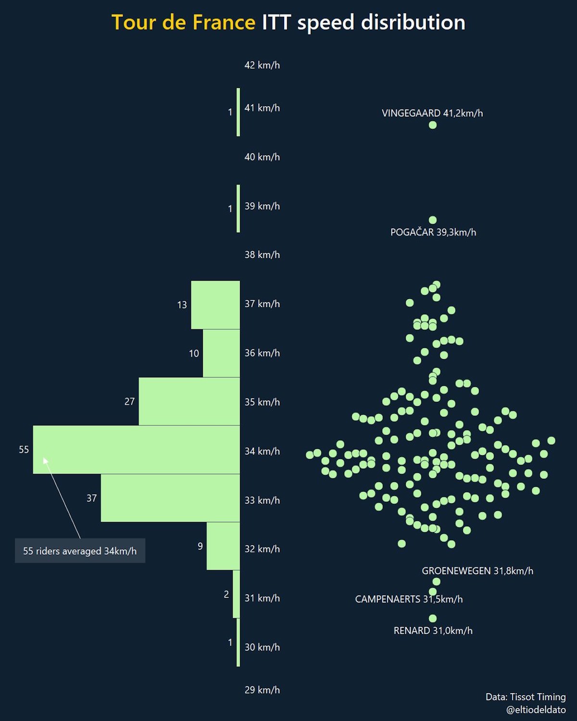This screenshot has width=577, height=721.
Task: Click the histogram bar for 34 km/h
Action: [136, 449]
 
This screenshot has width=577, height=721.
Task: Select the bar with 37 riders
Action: [170, 498]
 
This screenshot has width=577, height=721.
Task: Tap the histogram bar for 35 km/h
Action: [189, 401]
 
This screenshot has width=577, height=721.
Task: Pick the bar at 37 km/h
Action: [215, 305]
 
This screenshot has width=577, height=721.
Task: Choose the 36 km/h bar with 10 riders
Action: [221, 353]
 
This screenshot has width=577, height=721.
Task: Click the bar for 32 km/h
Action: [223, 546]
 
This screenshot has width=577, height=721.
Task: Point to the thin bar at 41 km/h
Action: [238, 112]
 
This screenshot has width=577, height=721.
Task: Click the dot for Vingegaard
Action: [432, 125]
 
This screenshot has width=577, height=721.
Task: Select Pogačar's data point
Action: [432, 220]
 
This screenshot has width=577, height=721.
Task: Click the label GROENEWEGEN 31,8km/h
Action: [477, 571]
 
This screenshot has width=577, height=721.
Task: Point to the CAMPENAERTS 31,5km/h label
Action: [409, 599]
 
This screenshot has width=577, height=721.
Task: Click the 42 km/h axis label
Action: [262, 65]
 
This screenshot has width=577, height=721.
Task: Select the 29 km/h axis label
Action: [262, 690]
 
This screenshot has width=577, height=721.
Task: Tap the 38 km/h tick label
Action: [262, 255]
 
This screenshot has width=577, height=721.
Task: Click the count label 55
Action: [24, 449]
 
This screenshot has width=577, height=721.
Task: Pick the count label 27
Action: [129, 401]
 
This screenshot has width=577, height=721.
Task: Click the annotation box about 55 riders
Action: [80, 551]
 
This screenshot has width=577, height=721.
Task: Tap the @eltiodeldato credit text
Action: [536, 709]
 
